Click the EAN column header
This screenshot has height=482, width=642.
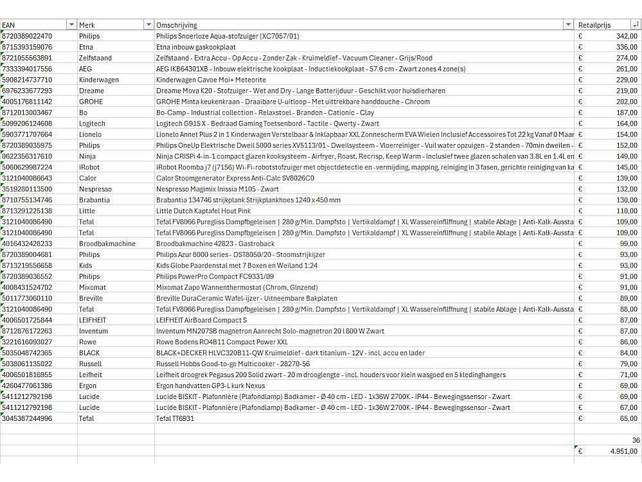pyautogui.click(x=9, y=25)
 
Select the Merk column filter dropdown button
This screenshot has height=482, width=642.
pyautogui.click(x=149, y=25)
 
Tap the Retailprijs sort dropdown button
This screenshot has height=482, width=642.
pyautogui.click(x=636, y=25)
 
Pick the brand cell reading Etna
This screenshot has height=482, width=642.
pyautogui.click(x=86, y=47)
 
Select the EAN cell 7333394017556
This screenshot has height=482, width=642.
pyautogui.click(x=28, y=69)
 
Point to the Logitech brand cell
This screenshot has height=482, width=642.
pyautogui.click(x=93, y=124)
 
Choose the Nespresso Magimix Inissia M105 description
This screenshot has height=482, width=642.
pyautogui.click(x=217, y=189)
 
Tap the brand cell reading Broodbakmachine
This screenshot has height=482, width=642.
pyautogui.click(x=107, y=244)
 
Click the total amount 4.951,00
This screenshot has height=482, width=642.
pyautogui.click(x=623, y=452)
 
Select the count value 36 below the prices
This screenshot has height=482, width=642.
pyautogui.click(x=636, y=440)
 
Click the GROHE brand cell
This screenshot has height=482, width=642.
pyautogui.click(x=91, y=102)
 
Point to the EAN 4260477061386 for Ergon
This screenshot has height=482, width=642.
pyautogui.click(x=28, y=385)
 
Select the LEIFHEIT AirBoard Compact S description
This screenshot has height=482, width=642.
pyautogui.click(x=201, y=320)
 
